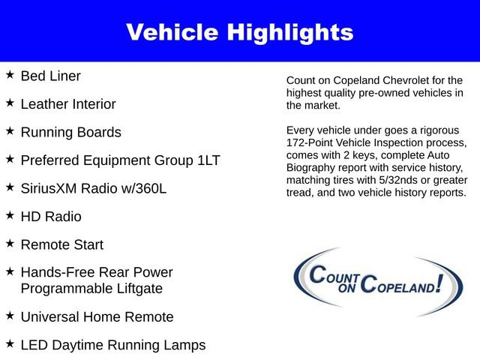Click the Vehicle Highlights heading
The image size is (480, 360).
click(239, 32)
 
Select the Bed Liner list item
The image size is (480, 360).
click(50, 76)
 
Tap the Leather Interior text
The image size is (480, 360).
click(68, 104)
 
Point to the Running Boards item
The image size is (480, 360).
click(70, 132)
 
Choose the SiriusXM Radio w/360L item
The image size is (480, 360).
click(94, 188)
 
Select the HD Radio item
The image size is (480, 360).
click(51, 217)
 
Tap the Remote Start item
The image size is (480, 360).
click(62, 244)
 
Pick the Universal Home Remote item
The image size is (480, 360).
click(97, 316)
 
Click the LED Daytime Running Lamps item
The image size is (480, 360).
click(113, 345)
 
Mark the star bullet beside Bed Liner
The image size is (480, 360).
click(10, 75)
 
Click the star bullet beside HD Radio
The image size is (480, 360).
click(10, 216)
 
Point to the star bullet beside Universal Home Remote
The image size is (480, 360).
click(10, 316)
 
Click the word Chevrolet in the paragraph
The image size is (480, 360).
click(416, 80)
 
